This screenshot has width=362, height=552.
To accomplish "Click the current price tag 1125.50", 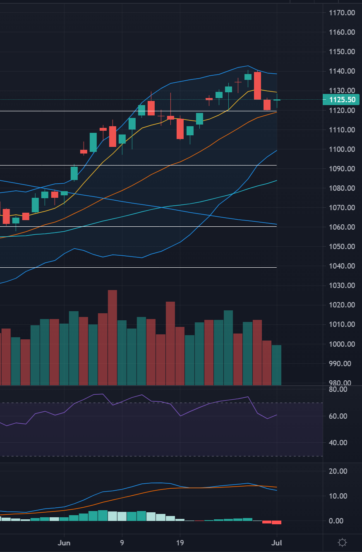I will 341,100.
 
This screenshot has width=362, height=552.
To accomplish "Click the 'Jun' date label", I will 64,542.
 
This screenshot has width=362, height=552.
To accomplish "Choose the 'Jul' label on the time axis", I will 276,542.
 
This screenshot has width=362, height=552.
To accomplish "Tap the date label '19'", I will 180,542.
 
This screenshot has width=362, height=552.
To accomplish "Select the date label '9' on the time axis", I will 122,542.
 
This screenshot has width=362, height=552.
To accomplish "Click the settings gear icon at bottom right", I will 342,542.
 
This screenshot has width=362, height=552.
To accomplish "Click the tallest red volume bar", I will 113,337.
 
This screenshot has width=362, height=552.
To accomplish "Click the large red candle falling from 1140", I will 257,86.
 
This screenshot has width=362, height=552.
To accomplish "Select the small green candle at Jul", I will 276,100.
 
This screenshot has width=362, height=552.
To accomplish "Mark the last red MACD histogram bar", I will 276,522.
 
